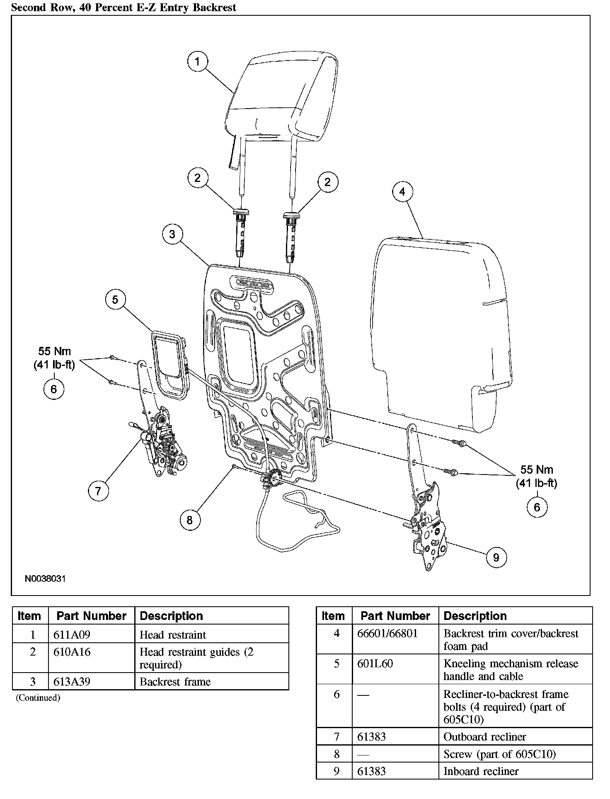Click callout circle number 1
tap(197, 62)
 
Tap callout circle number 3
tap(172, 234)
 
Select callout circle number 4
tap(402, 191)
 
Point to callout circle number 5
tap(115, 300)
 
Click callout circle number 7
tap(98, 491)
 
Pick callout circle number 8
tap(190, 520)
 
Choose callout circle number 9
tap(496, 557)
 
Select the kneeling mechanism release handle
tap(168, 365)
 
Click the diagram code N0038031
tap(45, 579)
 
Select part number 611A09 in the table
tap(72, 634)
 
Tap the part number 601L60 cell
tap(375, 663)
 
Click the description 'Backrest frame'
tap(175, 682)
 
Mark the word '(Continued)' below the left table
tap(38, 698)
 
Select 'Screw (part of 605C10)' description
tap(499, 754)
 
